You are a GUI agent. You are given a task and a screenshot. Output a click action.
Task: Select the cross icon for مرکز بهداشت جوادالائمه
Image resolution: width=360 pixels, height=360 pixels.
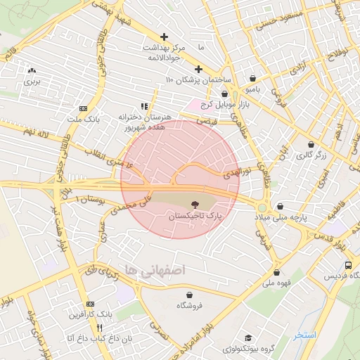point(165,37)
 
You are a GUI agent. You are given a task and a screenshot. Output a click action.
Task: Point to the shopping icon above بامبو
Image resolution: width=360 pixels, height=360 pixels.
point(252,78)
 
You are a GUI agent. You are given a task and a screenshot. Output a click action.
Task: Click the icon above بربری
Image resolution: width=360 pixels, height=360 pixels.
point(32,70)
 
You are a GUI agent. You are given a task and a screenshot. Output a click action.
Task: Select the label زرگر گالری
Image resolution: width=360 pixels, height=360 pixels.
point(311,155)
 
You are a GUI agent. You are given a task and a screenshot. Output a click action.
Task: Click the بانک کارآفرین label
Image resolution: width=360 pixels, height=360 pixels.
point(89,314)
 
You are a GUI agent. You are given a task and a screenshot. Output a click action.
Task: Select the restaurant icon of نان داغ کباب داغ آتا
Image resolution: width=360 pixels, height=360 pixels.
point(100,328)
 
